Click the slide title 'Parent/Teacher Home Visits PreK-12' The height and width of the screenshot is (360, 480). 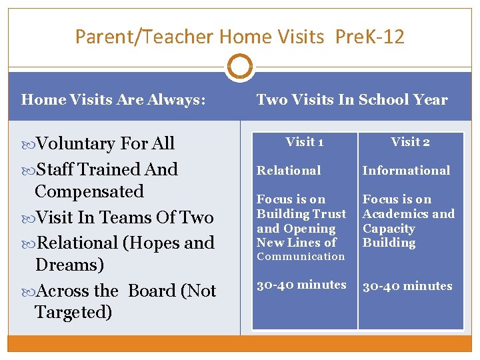coord(240,36)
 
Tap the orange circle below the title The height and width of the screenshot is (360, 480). coord(240,67)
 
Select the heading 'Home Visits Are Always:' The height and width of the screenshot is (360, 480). coord(113,100)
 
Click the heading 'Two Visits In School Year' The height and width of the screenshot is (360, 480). coord(352,100)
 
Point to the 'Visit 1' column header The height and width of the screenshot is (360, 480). coord(305,141)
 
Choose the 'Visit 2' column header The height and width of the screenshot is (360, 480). coord(410,141)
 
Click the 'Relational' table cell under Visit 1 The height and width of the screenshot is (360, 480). coord(289,171)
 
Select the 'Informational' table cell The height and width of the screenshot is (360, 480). coord(406,171)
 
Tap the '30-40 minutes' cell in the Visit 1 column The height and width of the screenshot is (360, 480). coord(301,285)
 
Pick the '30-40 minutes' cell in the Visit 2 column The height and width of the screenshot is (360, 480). coord(407,286)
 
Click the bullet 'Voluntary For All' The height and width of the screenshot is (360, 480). coord(105,143)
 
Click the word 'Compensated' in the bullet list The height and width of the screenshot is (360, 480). coord(89,191)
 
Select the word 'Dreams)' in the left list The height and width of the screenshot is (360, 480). coord(69,265)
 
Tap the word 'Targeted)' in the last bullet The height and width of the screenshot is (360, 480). coord(73,311)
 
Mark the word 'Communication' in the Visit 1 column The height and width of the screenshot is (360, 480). coord(301,257)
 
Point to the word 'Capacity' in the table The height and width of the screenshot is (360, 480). coord(389,229)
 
